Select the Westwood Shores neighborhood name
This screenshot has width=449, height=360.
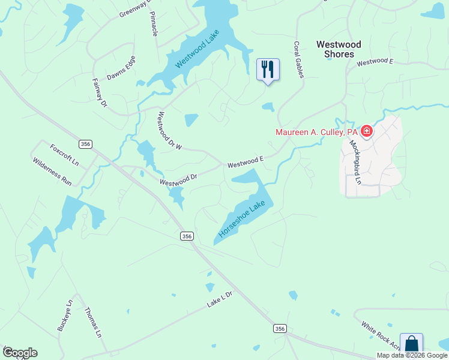coord(339,49)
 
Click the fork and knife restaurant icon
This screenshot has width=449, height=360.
coord(268,69)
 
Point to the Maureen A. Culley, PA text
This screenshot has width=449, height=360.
coord(316,132)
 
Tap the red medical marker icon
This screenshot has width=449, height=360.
coord(366,131)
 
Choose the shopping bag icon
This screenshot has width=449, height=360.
coord(411,344)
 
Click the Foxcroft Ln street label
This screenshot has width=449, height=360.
coord(64,155)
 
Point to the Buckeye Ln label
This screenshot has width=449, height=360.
coord(64,315)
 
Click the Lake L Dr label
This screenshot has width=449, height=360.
coord(219,299)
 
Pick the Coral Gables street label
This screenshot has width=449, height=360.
coord(298,59)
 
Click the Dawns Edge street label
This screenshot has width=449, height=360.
coord(121,68)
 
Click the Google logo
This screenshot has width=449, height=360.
coord(20,353)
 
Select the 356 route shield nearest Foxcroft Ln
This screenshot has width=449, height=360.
coord(86,143)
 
